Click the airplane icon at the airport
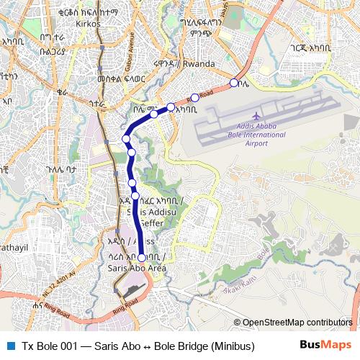(x=257, y=115)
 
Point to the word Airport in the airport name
(x=256, y=143)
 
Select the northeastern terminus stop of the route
(x=233, y=84)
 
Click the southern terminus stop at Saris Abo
(x=142, y=257)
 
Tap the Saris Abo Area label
(x=137, y=268)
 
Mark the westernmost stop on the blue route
(x=126, y=138)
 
